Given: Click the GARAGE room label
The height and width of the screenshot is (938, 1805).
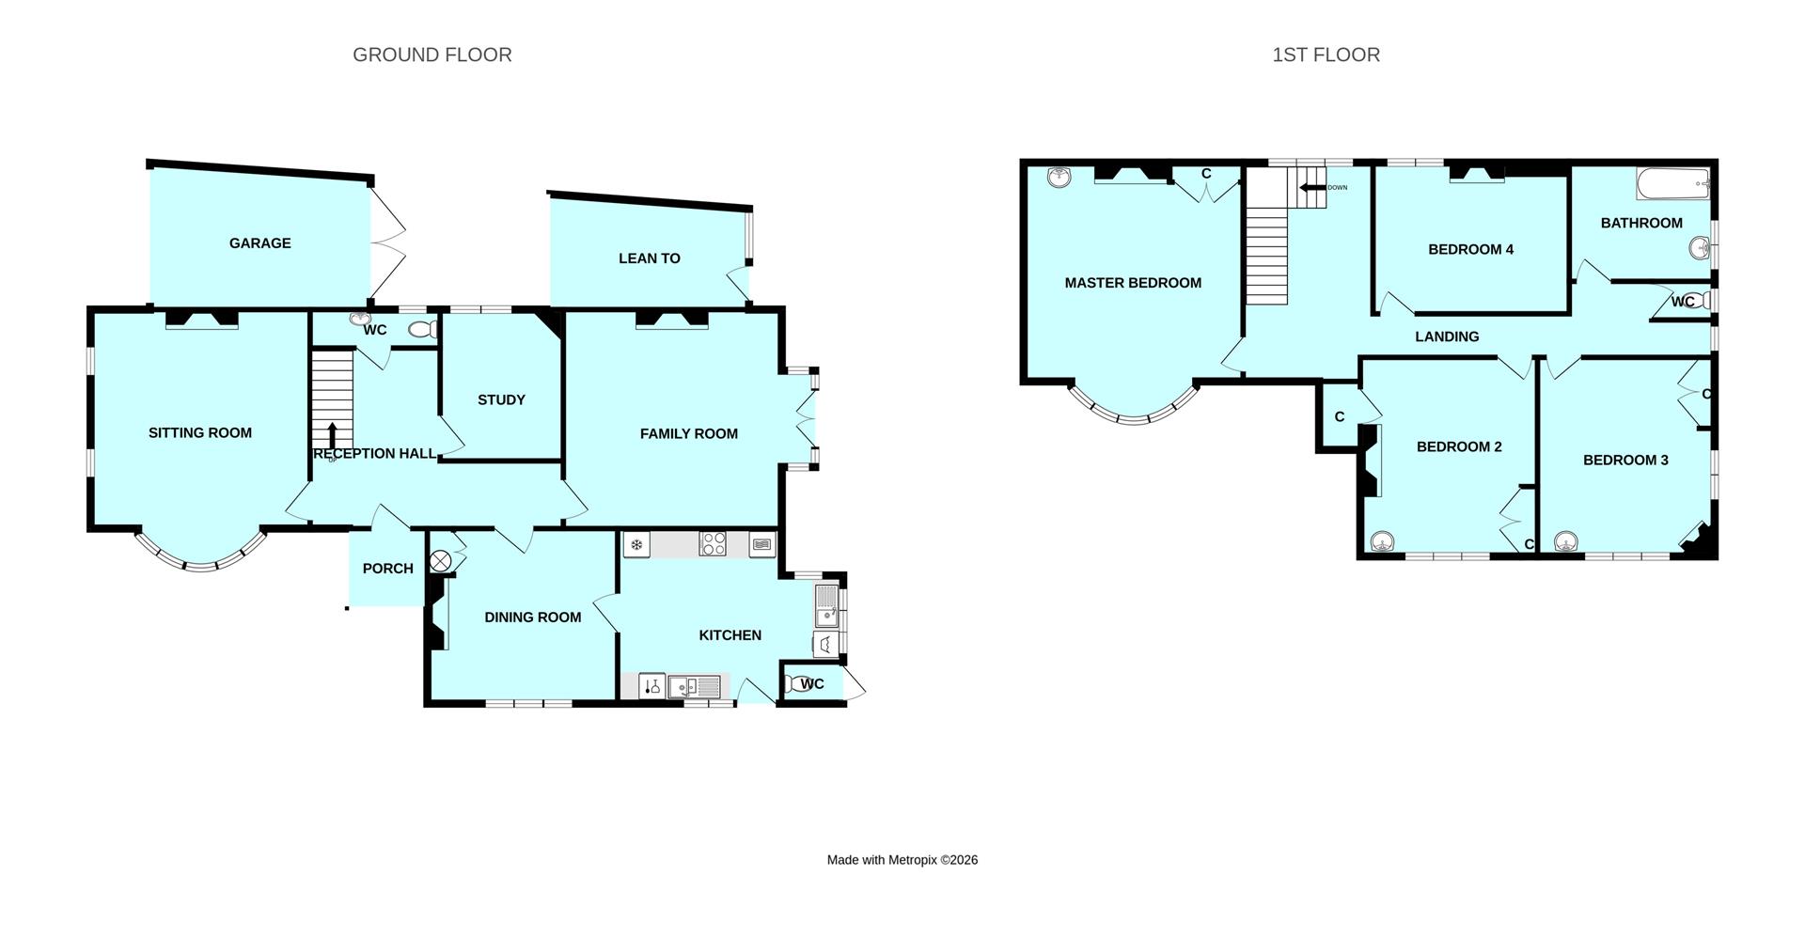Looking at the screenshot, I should pyautogui.click(x=259, y=243).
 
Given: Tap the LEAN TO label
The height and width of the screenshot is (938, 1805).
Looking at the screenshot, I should pyautogui.click(x=649, y=258).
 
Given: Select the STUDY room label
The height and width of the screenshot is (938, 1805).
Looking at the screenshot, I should pyautogui.click(x=501, y=400).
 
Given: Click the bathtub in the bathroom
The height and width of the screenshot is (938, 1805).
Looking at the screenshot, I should pyautogui.click(x=1672, y=184).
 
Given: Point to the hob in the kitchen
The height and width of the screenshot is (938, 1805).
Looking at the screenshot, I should pyautogui.click(x=713, y=544).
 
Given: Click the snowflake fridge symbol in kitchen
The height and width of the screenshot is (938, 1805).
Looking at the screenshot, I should pyautogui.click(x=636, y=544).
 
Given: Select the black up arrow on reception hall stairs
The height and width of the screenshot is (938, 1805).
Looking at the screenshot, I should pyautogui.click(x=333, y=436).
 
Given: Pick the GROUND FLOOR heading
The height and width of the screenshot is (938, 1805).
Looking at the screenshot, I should pyautogui.click(x=432, y=55).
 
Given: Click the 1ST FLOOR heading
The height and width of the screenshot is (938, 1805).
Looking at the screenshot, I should pyautogui.click(x=1326, y=55).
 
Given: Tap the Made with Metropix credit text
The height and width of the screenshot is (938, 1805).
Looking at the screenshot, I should pyautogui.click(x=902, y=860).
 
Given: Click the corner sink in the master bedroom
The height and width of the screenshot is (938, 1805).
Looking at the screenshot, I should pyautogui.click(x=1059, y=177).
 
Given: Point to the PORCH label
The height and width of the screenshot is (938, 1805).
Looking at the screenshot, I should pyautogui.click(x=387, y=569).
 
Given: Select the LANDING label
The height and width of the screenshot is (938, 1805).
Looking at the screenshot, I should pyautogui.click(x=1447, y=336).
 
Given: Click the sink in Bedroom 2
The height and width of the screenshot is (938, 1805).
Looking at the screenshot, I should pyautogui.click(x=1382, y=542).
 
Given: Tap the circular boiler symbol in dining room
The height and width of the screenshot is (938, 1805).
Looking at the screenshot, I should pyautogui.click(x=441, y=562).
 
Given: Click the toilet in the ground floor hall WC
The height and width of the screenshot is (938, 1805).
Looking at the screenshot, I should pyautogui.click(x=424, y=329).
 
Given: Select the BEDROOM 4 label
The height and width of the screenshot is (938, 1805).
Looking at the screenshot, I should pyautogui.click(x=1470, y=249).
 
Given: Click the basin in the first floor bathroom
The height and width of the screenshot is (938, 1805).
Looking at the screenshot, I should pyautogui.click(x=1699, y=249).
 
